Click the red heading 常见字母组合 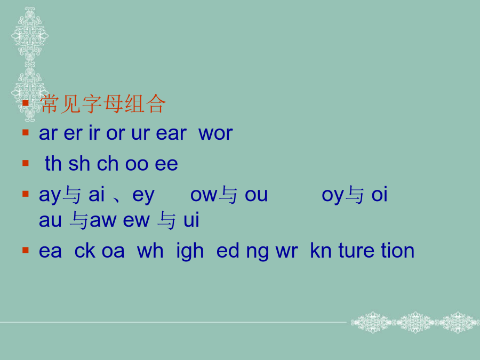(103, 104)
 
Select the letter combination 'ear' (171, 133)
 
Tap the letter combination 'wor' (215, 133)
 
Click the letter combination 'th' (53, 164)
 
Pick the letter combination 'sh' (79, 164)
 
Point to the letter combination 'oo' (137, 164)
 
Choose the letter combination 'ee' (166, 164)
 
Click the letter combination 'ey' (143, 196)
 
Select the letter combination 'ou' (256, 195)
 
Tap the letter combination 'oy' (332, 196)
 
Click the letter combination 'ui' (191, 220)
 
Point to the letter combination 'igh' (190, 252)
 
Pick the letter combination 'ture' (356, 251)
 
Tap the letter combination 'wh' (150, 251)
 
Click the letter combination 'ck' (85, 251)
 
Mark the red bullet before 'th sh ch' (26, 163)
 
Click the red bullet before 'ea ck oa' (26, 251)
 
